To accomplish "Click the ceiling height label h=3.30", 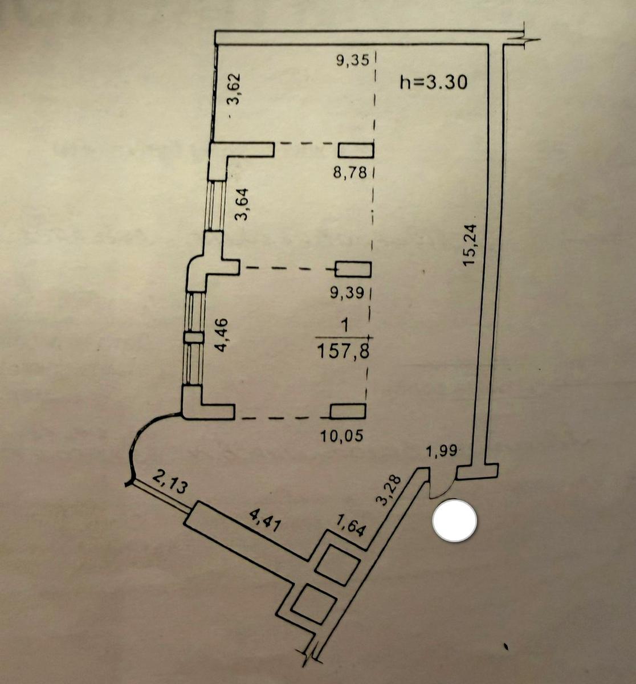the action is click(x=434, y=83).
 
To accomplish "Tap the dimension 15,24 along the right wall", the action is click(x=470, y=245).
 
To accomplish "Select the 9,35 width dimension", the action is click(x=353, y=60).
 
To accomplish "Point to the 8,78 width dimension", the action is click(x=350, y=172).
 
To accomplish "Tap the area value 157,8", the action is click(x=343, y=352).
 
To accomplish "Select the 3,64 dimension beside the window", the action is click(x=242, y=204).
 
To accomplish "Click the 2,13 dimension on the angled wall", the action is click(x=169, y=483).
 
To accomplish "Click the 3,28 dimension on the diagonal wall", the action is click(x=390, y=490).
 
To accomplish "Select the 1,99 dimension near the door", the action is click(x=442, y=451).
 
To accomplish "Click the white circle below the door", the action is click(x=455, y=520).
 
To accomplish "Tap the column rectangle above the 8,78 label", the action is click(x=356, y=150).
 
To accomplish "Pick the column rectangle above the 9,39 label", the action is click(x=353, y=269).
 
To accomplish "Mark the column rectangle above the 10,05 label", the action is click(x=348, y=411).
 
